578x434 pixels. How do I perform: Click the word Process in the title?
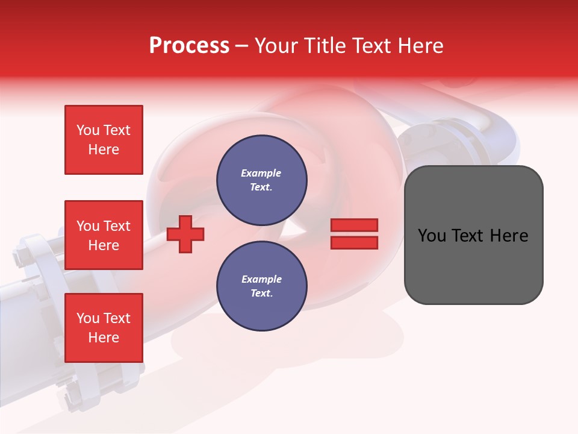pos(189,46)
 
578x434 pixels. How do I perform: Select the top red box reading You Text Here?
pos(104,140)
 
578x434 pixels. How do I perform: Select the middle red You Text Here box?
pos(104,235)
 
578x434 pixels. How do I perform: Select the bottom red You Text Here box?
pos(104,328)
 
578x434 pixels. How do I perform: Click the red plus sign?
pos(185,233)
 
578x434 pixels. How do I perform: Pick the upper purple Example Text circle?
pos(261,180)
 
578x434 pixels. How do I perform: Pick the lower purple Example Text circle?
pos(261,286)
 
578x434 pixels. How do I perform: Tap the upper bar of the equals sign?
pos(354,225)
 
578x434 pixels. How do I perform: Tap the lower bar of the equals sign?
pos(354,242)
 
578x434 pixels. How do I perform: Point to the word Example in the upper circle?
pos(261,173)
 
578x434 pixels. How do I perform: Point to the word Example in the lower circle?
pos(261,279)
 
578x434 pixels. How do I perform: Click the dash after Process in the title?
pos(241,46)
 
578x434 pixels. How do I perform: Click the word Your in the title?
pos(275,46)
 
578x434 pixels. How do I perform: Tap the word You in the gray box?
pos(432,236)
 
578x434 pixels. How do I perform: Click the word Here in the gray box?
pos(509,236)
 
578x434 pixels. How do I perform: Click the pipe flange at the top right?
pos(442,136)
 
